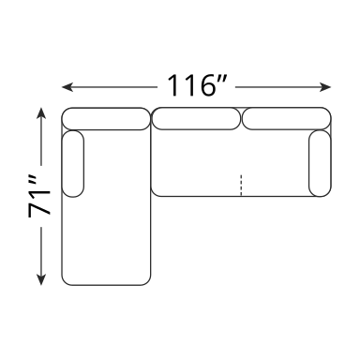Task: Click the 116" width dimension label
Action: point(196,85)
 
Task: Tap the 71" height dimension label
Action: point(39,196)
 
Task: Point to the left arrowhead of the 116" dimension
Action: point(67,87)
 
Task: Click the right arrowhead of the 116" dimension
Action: point(325,87)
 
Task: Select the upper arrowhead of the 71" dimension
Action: point(41,113)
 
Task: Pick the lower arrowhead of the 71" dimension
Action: point(41,279)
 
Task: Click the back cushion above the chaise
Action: point(106,119)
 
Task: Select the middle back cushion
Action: point(196,119)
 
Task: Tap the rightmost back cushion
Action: point(287,119)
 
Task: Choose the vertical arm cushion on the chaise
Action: point(73,164)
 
